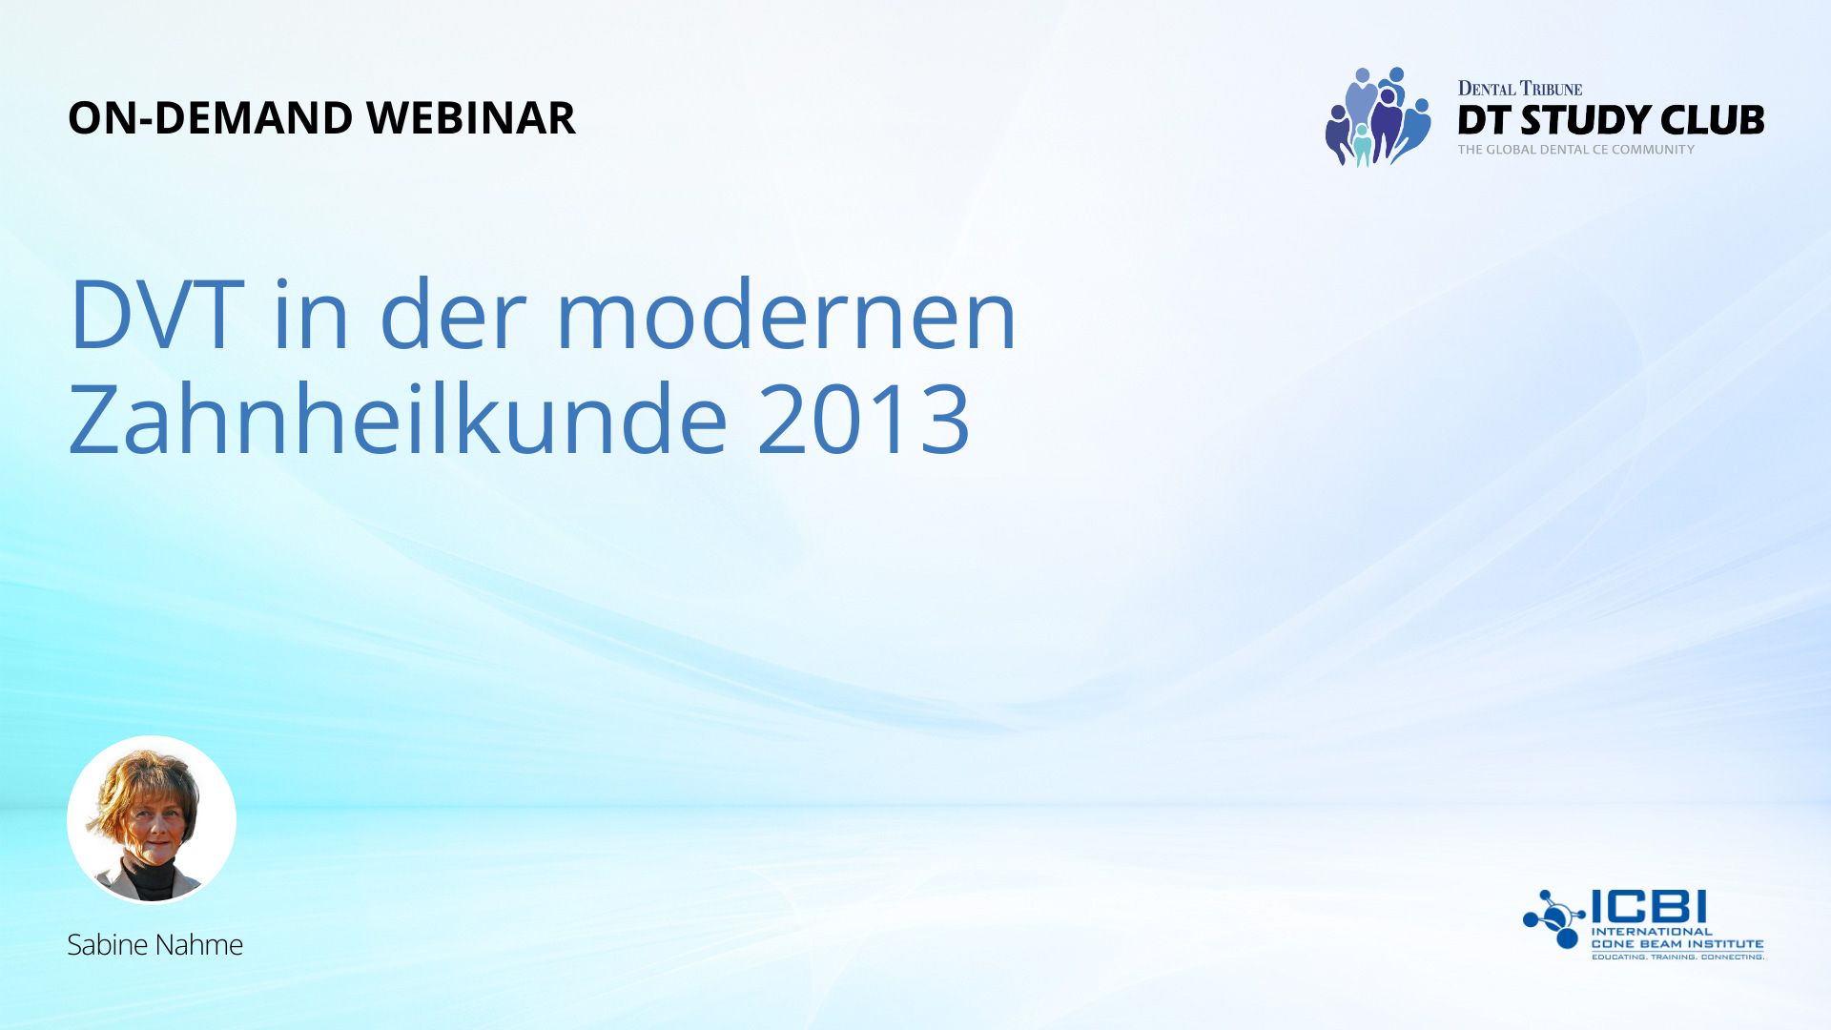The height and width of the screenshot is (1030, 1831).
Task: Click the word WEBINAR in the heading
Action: coord(471,118)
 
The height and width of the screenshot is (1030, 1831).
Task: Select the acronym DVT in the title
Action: coord(156,315)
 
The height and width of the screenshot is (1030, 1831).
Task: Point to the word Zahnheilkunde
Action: coord(399,419)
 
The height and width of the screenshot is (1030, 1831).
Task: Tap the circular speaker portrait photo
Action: coord(152,819)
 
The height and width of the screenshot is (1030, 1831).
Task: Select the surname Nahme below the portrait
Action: coord(200,945)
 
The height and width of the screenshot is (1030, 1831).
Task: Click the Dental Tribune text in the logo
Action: coord(1520,89)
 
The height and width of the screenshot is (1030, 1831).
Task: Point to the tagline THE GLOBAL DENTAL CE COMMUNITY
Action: coord(1575,150)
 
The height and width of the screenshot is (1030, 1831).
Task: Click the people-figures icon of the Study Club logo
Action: coord(1378,116)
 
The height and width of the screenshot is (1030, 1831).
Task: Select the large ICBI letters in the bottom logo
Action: coord(1649,907)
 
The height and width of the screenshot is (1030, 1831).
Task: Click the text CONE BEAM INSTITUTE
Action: coord(1677,944)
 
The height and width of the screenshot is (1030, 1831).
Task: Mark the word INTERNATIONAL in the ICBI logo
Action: coord(1652,932)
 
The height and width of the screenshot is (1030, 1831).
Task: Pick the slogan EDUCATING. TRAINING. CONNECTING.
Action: coord(1677,957)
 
